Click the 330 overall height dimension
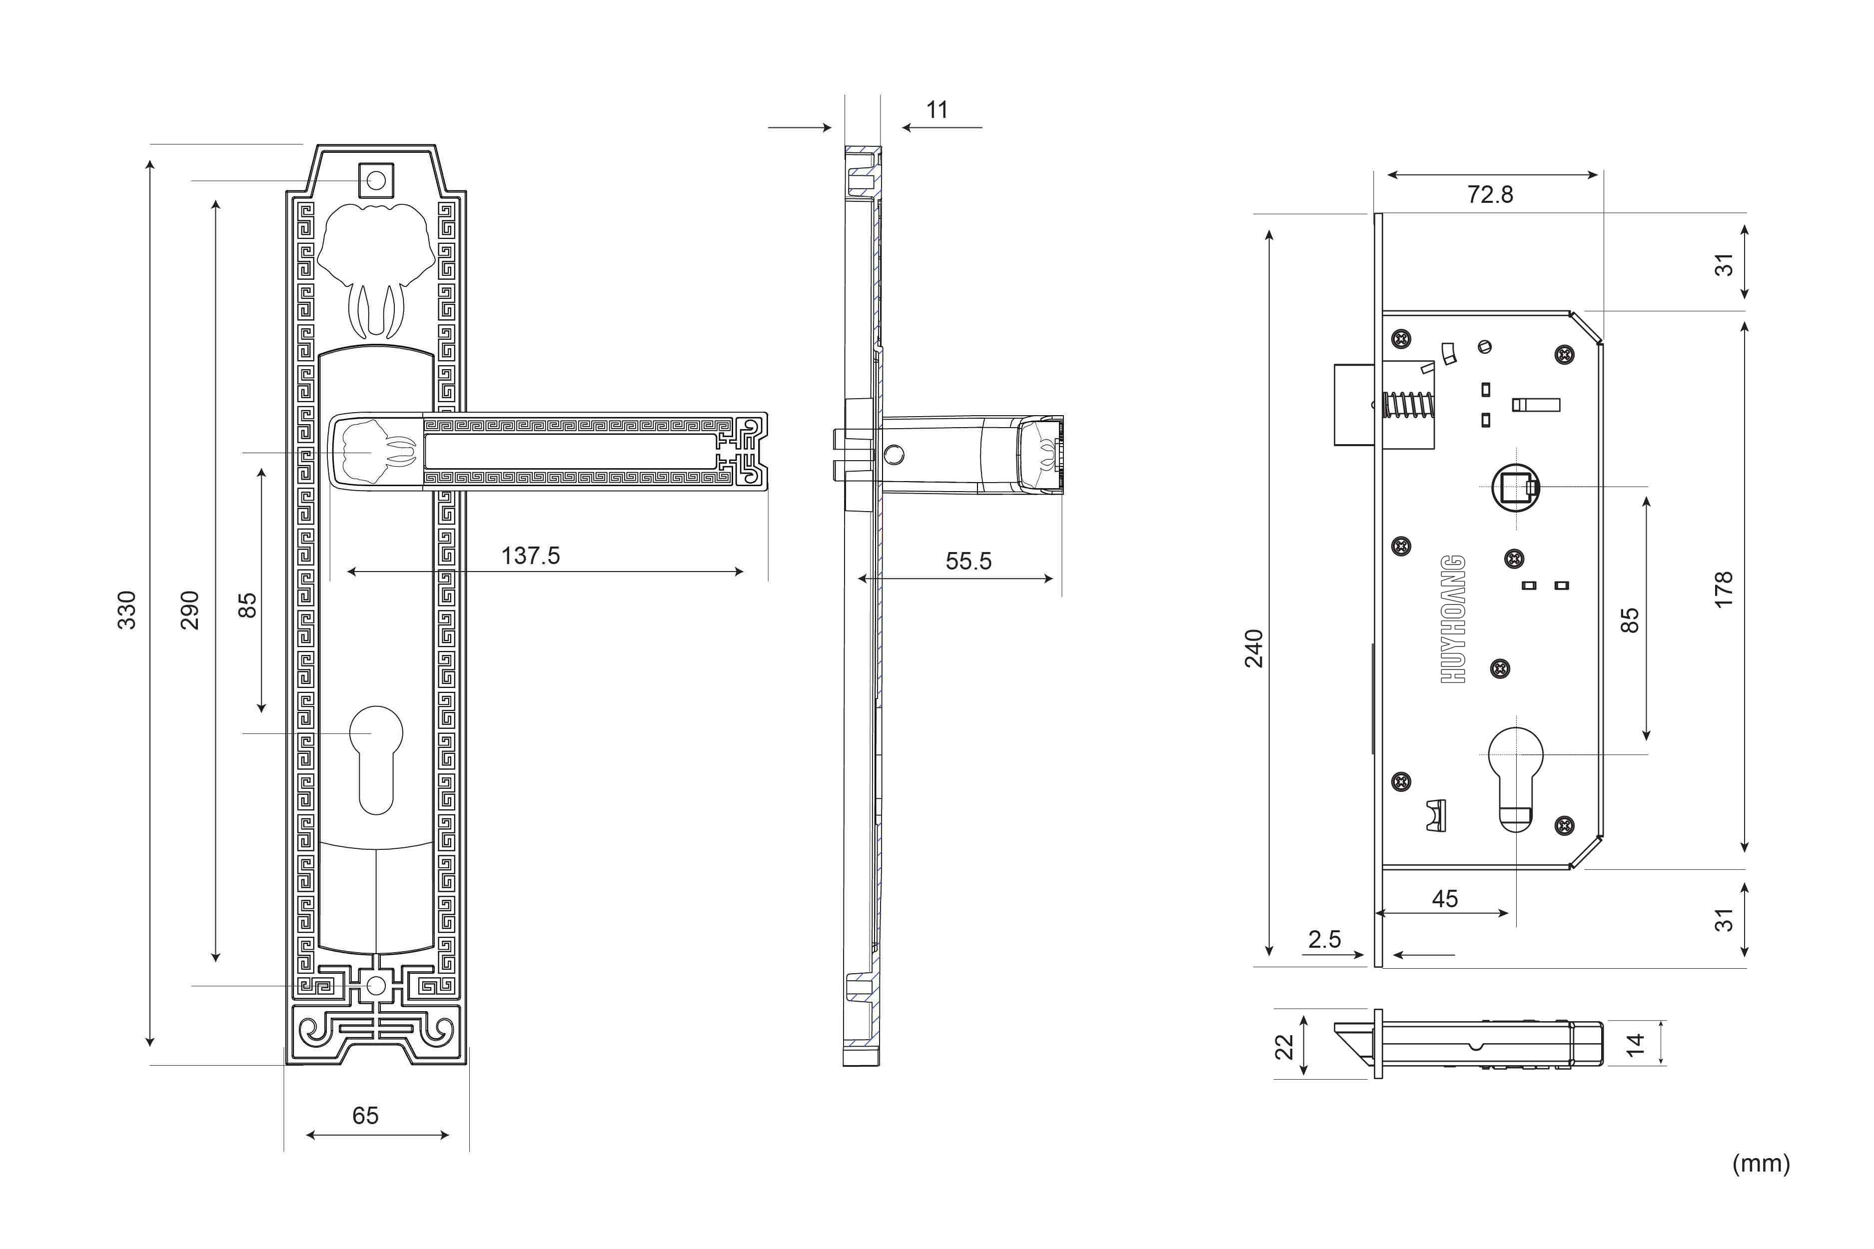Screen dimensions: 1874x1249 coord(127,610)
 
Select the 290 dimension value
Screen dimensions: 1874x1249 coord(189,610)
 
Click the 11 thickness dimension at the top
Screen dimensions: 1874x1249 coord(937,110)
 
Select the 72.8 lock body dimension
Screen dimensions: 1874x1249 coord(1490,194)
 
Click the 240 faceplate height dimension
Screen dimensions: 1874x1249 coord(1255,648)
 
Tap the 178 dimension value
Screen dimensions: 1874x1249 coord(1724,590)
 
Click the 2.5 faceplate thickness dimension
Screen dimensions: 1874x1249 coord(1324,939)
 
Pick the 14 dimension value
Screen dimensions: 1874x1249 coord(1635,1044)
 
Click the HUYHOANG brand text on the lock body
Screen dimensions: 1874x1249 coord(1453,619)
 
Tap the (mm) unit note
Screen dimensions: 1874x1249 coord(1761,1164)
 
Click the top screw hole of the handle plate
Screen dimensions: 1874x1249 coord(376,181)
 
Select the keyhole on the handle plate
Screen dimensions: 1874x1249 coord(376,759)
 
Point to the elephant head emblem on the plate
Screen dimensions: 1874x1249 coord(376,271)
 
